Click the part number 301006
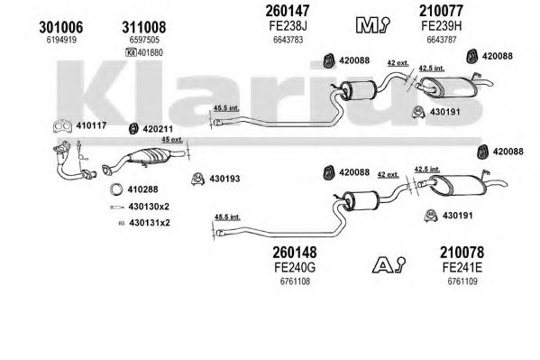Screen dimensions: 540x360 click(61, 27)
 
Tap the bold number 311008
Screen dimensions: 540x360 click(144, 27)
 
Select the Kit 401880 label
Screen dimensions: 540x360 click(144, 52)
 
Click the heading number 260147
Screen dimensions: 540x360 click(288, 11)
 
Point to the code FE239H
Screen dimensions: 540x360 click(441, 25)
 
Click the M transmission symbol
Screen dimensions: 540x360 click(372, 25)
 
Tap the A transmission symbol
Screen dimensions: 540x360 click(389, 265)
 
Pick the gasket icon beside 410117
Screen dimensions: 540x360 click(62, 126)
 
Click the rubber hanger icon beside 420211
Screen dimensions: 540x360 click(133, 129)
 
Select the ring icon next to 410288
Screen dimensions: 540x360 click(116, 189)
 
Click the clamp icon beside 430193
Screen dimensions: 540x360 click(197, 179)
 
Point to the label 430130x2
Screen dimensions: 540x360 click(149, 207)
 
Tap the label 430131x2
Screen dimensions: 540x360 click(150, 223)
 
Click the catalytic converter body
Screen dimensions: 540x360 click(148, 157)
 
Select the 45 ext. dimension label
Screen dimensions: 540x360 click(172, 139)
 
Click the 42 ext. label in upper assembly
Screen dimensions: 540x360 click(398, 63)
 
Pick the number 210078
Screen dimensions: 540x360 click(462, 253)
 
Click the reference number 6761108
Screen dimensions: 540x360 click(295, 282)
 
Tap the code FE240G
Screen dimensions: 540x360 click(295, 267)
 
